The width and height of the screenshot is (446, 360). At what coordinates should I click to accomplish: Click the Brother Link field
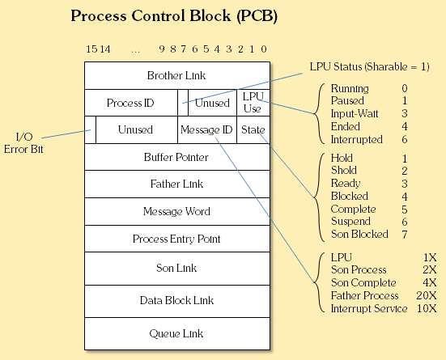point(176,75)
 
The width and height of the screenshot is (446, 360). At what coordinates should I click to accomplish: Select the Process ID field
point(130,103)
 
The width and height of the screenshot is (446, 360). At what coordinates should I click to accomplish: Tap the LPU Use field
point(253,103)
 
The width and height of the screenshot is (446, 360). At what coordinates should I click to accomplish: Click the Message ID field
point(206,129)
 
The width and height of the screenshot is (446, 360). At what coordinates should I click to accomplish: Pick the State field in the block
point(252,129)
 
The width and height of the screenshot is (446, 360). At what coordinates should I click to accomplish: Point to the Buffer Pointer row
point(176,157)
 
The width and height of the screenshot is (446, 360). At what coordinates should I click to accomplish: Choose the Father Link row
point(176,184)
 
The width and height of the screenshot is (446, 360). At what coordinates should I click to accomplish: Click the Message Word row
point(176,212)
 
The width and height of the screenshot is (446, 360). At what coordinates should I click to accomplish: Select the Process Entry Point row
point(176,239)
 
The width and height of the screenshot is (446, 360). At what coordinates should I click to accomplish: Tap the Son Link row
point(176,268)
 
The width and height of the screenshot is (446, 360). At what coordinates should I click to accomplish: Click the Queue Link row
point(176,332)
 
